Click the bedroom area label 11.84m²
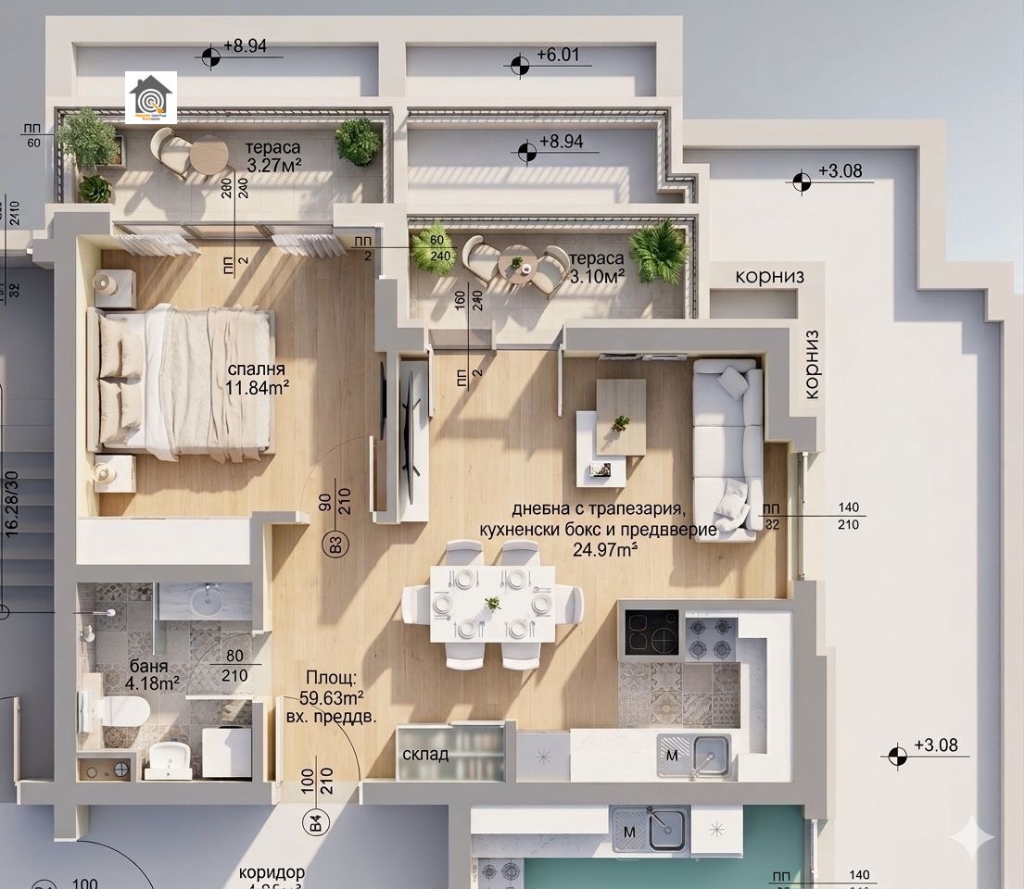tap(258, 386)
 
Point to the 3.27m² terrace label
tap(274, 166)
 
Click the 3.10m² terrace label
tap(597, 275)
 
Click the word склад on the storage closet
tap(425, 754)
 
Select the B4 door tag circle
tap(316, 820)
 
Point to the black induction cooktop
tap(651, 632)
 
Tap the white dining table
tap(492, 603)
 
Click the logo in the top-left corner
tap(151, 98)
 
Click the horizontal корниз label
tap(769, 276)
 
